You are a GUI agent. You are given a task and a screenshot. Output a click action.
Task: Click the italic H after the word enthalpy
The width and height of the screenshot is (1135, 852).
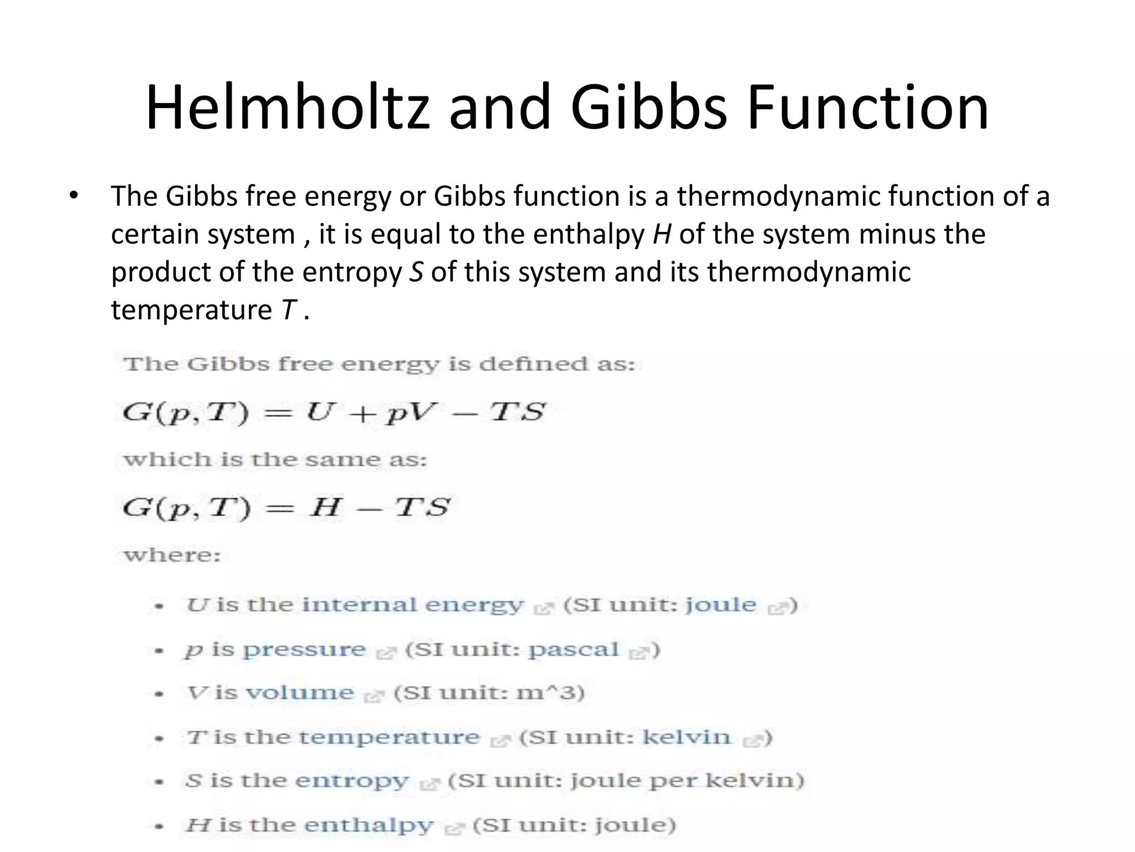pos(662,234)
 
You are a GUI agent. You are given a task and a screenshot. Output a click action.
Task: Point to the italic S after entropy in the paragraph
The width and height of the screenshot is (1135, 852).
pos(416,272)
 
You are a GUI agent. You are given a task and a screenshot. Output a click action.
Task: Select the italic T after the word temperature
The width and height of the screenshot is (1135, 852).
pos(289,310)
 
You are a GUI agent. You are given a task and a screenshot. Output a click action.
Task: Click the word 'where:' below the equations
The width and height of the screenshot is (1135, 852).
pos(172,555)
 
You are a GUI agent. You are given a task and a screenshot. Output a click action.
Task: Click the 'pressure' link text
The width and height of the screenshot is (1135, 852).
pos(304,650)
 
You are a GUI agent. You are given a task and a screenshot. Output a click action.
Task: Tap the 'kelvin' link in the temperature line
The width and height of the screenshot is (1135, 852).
pos(686,737)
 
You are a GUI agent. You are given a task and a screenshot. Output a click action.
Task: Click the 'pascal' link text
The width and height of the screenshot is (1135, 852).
pos(573,650)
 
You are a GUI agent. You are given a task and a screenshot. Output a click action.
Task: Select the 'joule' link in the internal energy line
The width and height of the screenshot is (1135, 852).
pos(720,605)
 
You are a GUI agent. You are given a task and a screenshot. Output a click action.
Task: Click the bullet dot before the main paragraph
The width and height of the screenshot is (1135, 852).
pos(74,196)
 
